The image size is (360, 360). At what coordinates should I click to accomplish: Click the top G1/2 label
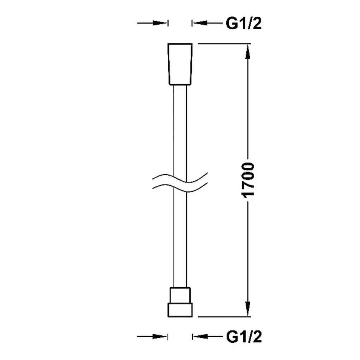(x=244, y=23)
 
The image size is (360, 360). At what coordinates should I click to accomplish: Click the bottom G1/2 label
(x=244, y=337)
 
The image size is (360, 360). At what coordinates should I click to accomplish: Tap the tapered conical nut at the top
(x=180, y=64)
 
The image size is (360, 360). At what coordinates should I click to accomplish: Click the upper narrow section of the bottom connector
(x=180, y=295)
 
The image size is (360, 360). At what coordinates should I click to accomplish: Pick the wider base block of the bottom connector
(x=180, y=310)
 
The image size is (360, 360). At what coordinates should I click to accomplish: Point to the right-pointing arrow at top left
(x=152, y=23)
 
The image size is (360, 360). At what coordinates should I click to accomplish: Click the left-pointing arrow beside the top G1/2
(x=208, y=23)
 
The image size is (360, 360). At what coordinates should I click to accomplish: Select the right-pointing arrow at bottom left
(x=152, y=337)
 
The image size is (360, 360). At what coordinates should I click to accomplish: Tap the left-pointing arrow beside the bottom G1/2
(x=208, y=337)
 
